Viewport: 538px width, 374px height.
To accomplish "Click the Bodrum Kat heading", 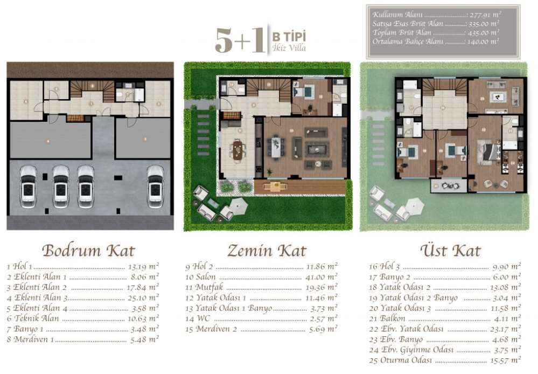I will pos(88,251).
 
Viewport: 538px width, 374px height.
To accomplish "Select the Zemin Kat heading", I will pos(267,251).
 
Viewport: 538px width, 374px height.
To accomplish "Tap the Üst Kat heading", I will pos(450,251).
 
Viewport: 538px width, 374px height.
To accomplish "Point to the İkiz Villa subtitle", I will pos(290,48).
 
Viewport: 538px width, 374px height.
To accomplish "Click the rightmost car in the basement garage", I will pos(155,186).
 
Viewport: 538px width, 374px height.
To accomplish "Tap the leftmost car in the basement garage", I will pos(28,186).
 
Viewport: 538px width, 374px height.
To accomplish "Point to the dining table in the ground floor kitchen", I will pos(237,149).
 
